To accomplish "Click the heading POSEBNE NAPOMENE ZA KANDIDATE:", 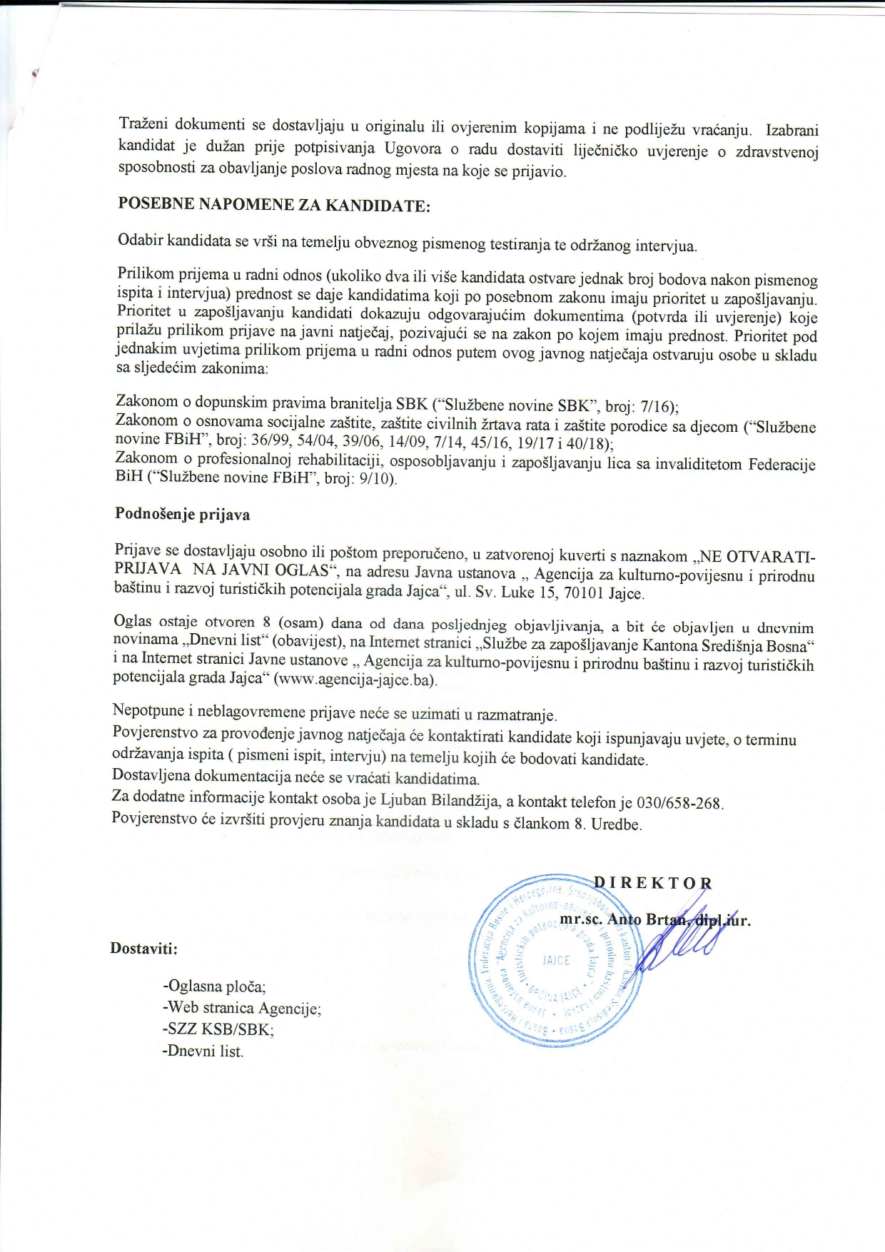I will tap(274, 206).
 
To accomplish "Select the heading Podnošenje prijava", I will tap(182, 514).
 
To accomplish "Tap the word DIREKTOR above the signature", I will tap(652, 882).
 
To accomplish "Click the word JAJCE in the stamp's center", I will tap(556, 960).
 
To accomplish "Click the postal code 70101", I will tap(565, 592).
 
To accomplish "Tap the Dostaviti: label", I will tap(143, 949).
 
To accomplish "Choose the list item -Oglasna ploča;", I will tap(214, 986).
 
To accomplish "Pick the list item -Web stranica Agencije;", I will tap(242, 1008).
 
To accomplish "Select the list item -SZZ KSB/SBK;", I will tap(218, 1029).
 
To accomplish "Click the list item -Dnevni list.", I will tap(203, 1051).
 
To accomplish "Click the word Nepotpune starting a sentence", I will tap(148, 711).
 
